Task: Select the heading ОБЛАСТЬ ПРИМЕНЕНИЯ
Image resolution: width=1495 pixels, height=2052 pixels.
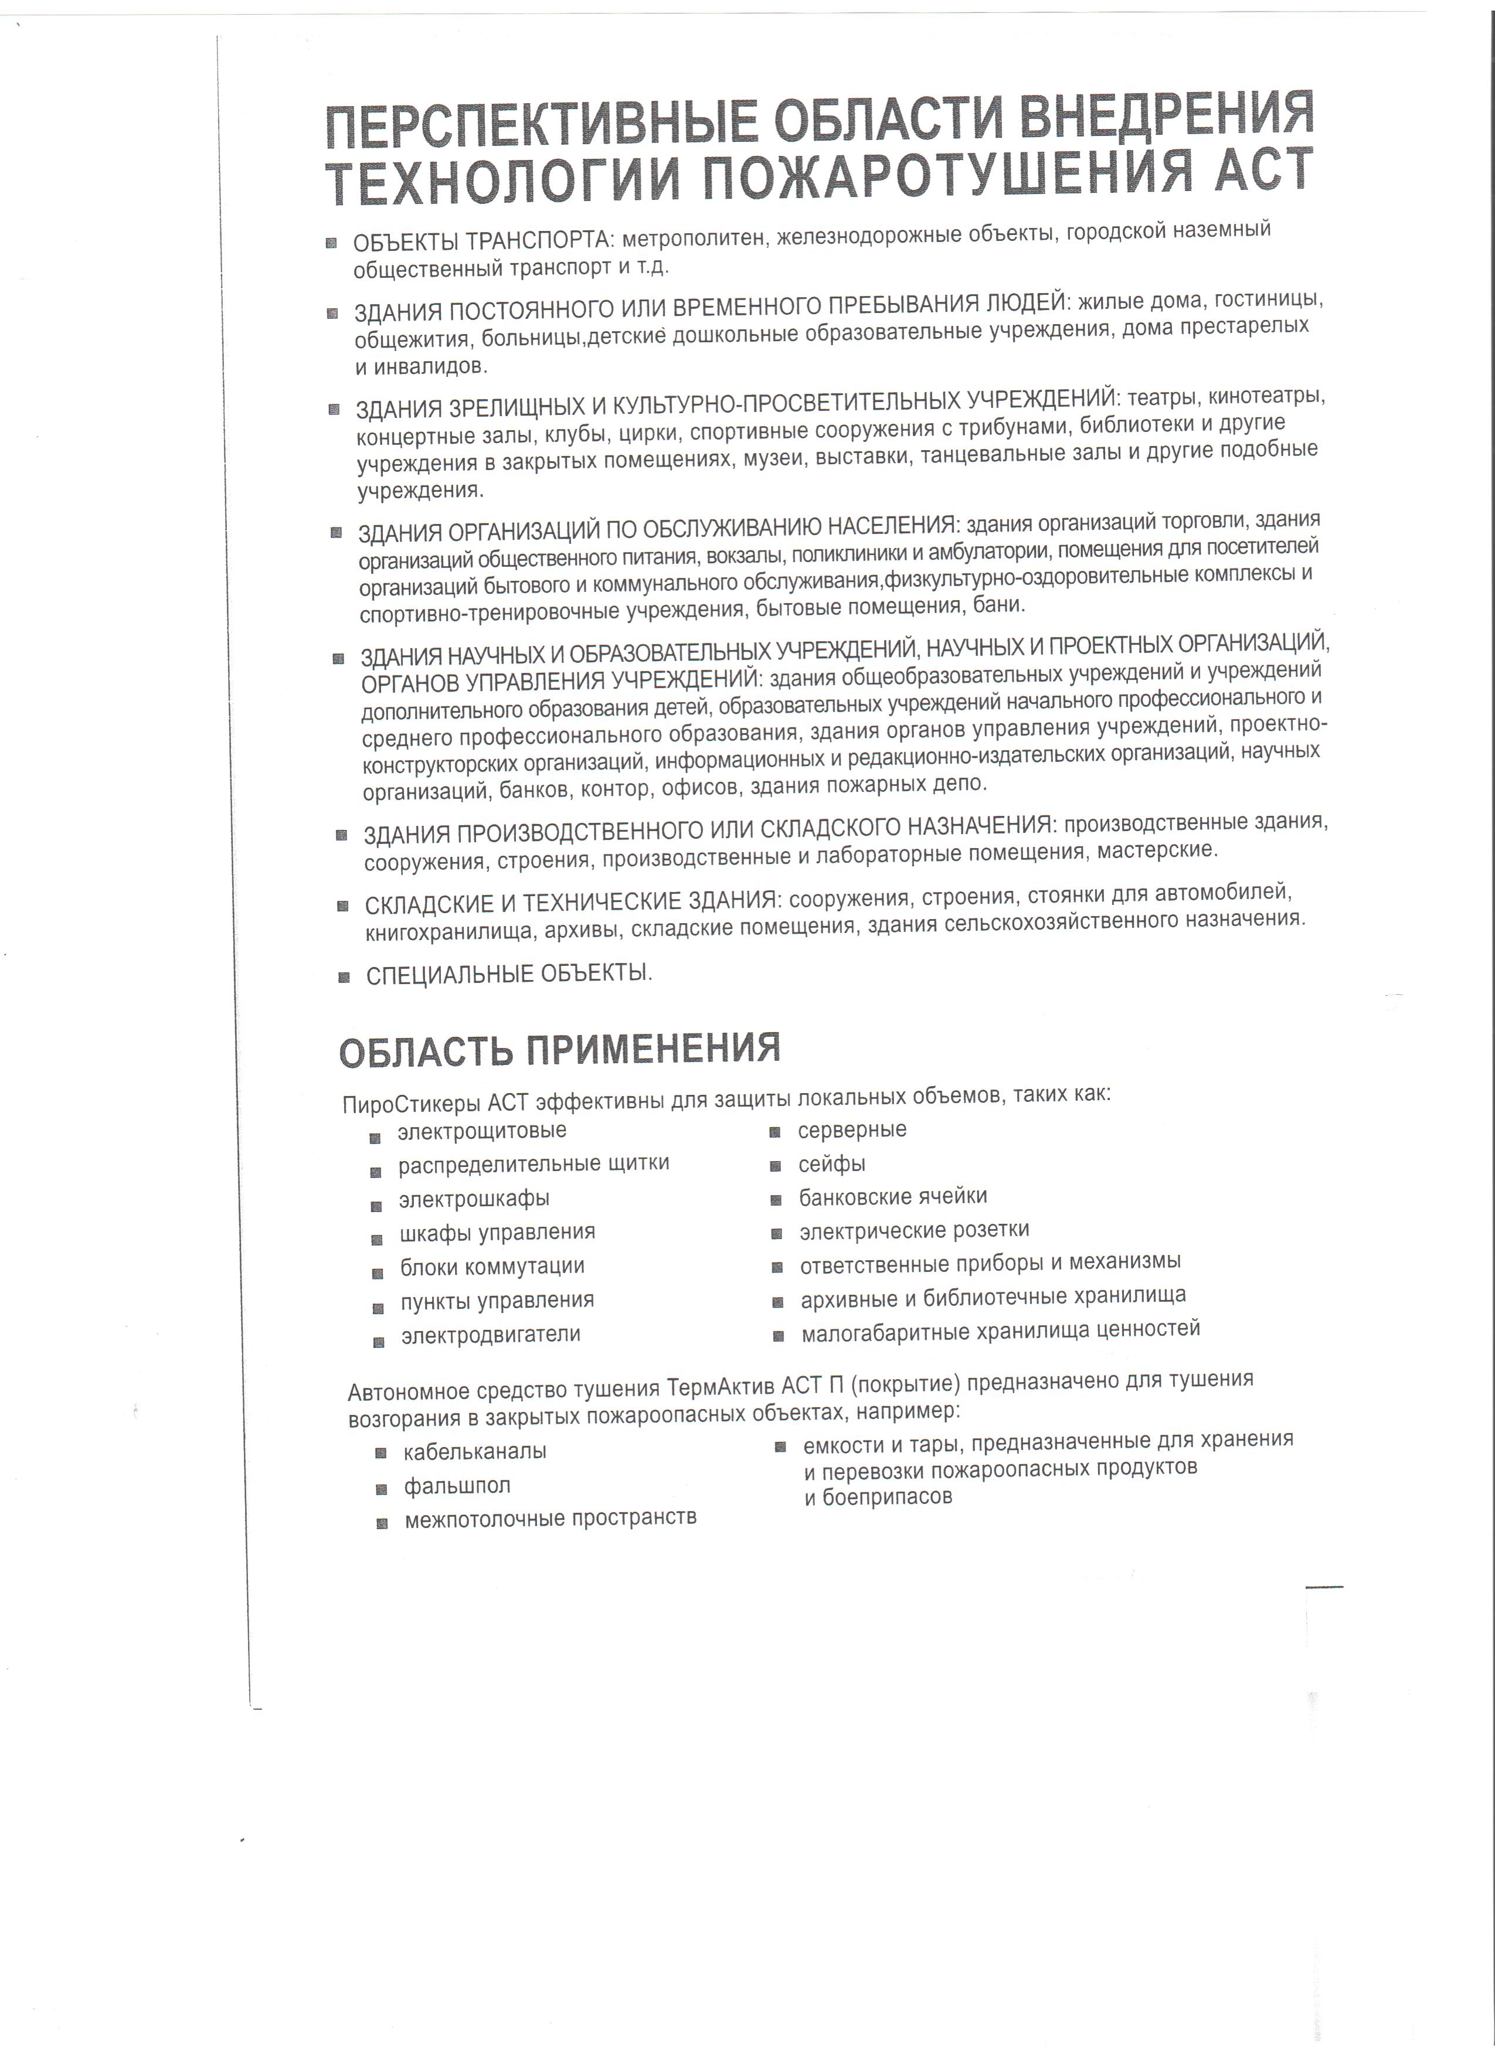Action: pyautogui.click(x=559, y=1050)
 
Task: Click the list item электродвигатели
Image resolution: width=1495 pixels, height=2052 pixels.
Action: pyautogui.click(x=491, y=1335)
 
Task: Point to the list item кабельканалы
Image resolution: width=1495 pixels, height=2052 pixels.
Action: pyautogui.click(x=475, y=1451)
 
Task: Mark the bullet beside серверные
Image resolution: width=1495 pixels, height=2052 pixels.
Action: pyautogui.click(x=776, y=1132)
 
